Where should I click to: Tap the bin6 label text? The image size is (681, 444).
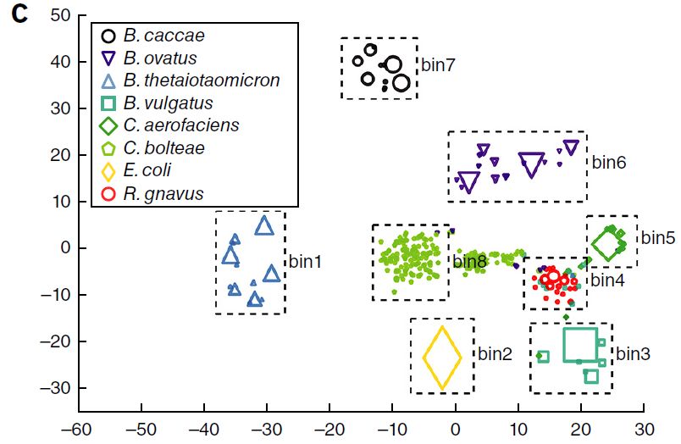pos(608,162)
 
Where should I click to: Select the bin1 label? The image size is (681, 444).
pos(305,262)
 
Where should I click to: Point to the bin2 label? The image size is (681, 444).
pos(496,352)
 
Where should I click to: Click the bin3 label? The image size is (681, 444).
pos(634,352)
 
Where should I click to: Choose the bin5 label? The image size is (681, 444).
pos(657,237)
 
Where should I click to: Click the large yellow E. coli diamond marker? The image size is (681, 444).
pos(442,358)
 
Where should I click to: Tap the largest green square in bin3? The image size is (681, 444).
pos(580,345)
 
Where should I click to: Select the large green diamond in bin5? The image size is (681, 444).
pos(606,246)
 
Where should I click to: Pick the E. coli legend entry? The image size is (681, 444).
pos(147,171)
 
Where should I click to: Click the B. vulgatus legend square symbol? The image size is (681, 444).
pos(108,103)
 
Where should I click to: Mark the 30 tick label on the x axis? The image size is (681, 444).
pos(645,429)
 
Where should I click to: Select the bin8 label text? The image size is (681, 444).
pos(469,262)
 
